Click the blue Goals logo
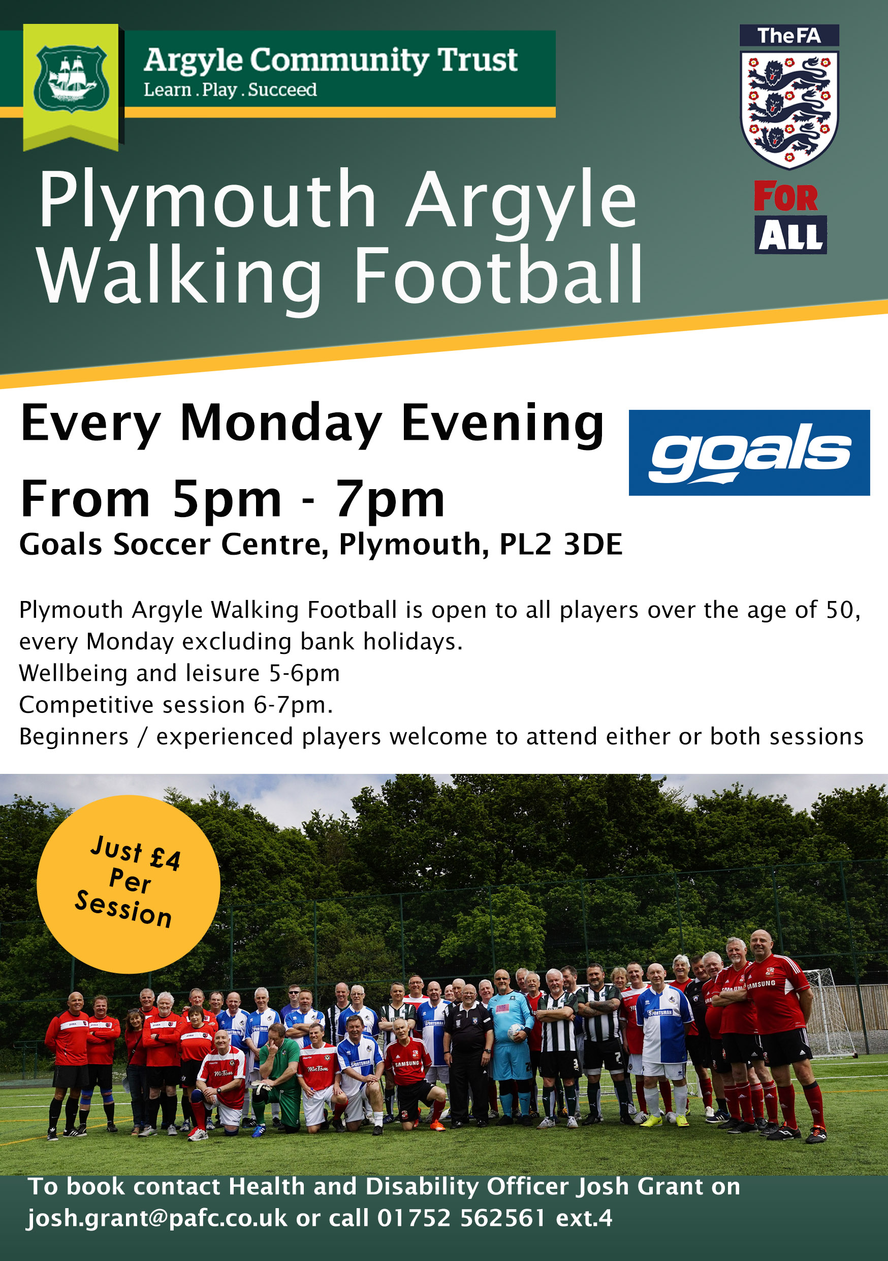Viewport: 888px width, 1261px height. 749,453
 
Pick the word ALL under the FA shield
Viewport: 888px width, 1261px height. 791,235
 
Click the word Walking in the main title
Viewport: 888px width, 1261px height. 179,276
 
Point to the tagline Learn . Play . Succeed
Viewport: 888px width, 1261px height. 230,89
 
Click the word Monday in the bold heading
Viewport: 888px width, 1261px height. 281,424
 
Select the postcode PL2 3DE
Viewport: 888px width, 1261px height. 560,544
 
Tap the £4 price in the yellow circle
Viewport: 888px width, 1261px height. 166,858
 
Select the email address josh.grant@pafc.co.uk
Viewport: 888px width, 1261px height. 157,1219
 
